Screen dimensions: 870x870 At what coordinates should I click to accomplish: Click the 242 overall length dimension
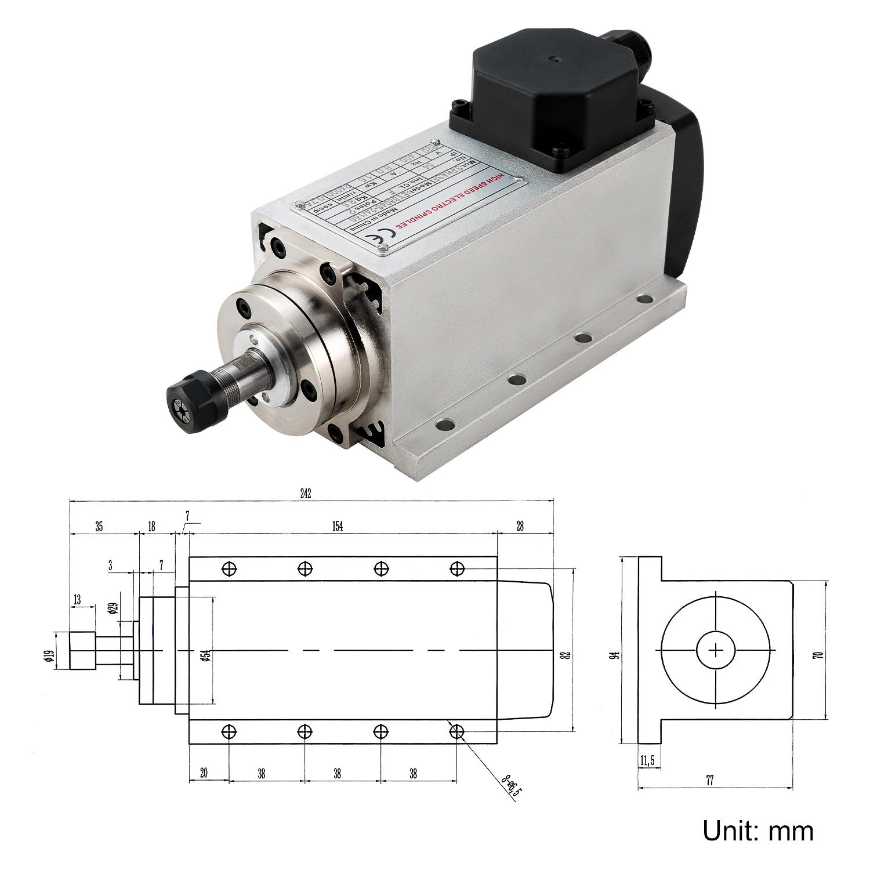tap(306, 494)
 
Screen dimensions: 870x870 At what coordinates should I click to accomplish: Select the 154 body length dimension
tap(338, 526)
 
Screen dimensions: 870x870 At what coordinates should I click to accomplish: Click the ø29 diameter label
tap(113, 608)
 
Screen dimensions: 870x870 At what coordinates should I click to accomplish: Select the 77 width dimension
tap(710, 781)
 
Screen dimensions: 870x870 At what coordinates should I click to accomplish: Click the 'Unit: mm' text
tap(757, 831)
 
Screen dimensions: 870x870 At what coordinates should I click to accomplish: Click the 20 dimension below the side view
tap(204, 773)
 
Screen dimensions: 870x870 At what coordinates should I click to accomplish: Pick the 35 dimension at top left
tap(99, 527)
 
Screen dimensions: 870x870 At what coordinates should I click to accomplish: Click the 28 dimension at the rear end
tap(520, 526)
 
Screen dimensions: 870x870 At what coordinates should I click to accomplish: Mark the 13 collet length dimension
tap(77, 600)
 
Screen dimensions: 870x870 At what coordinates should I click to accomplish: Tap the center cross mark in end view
tap(716, 650)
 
